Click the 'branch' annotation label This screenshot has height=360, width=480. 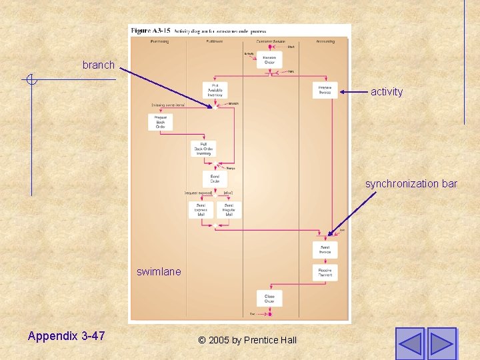coord(99,65)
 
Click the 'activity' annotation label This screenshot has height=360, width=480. coord(387,92)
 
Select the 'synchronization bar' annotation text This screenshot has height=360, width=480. coord(411,183)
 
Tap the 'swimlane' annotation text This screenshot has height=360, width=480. coord(159,271)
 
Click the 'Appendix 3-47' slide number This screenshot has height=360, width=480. coord(66,336)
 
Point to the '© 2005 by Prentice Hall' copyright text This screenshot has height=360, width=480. coord(247,340)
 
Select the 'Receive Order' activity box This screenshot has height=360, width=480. coord(269,60)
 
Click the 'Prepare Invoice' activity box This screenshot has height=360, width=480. coord(325,91)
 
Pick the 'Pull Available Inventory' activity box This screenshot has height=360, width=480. coord(215,91)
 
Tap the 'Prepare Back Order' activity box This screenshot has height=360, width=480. coord(160,122)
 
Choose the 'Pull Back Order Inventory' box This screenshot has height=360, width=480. coord(203,149)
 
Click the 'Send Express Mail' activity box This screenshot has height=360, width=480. coord(201,209)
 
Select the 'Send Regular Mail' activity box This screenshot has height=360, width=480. coord(229,209)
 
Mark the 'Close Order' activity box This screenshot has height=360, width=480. coord(269,298)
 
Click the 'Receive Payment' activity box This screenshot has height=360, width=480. coord(325,272)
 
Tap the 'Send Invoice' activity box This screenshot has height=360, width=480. coord(325,249)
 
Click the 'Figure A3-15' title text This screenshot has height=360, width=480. coord(149,31)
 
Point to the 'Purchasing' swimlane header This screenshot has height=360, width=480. coord(159,41)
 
